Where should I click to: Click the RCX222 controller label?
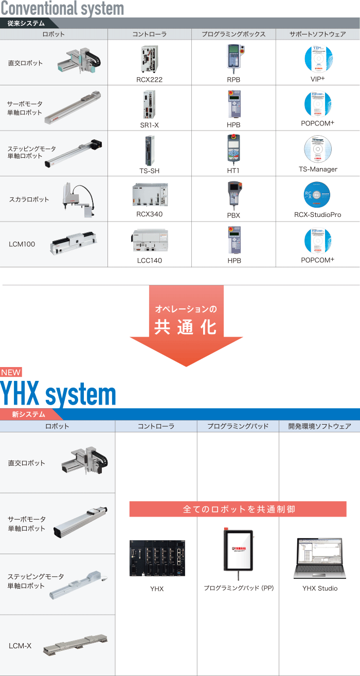149,80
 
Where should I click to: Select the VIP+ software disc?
318,59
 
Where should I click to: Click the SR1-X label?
149,125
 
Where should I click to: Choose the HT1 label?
233,170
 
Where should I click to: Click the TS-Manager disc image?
318,149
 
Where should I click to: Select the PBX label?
233,215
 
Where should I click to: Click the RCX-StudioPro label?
318,215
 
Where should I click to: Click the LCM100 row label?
22,244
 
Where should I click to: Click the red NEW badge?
11,373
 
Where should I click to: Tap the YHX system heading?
58,395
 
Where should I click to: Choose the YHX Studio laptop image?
319,558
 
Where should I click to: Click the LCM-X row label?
20,645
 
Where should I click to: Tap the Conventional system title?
62,8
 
